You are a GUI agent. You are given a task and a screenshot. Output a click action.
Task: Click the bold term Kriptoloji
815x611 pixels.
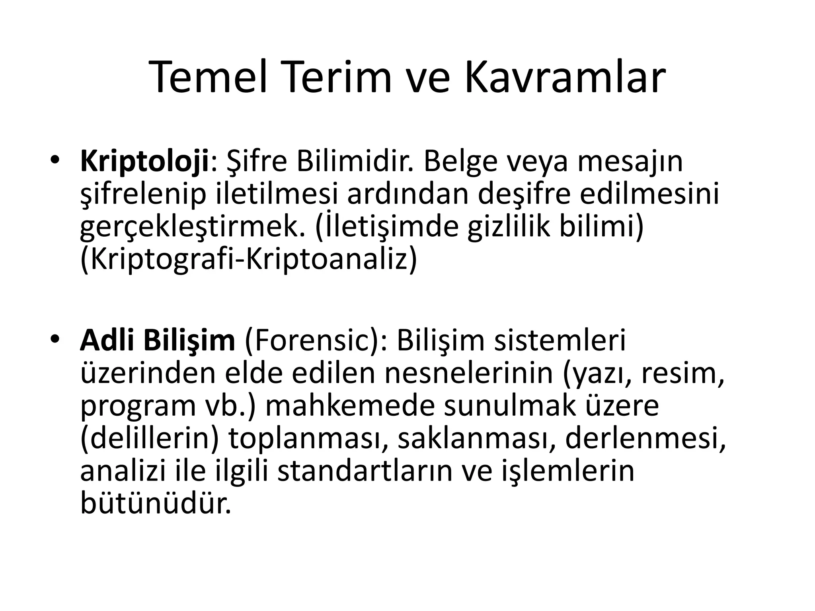(x=144, y=162)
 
